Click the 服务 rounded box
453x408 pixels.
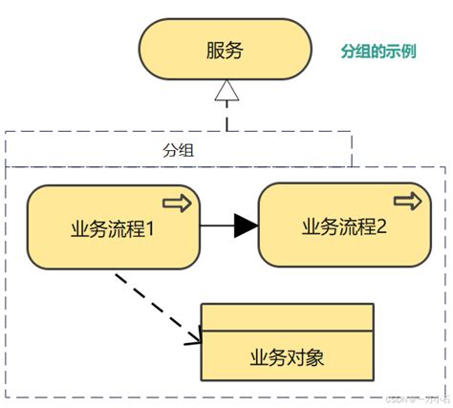(226, 51)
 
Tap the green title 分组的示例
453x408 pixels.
(378, 51)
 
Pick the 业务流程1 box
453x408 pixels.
(113, 227)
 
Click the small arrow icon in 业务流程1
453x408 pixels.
(177, 204)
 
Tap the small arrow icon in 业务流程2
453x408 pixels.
(408, 202)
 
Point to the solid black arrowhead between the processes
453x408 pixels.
(246, 225)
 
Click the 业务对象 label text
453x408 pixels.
(287, 358)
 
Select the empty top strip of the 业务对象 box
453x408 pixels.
(287, 317)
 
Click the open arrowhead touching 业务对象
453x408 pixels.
(193, 337)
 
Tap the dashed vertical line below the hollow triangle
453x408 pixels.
(226, 119)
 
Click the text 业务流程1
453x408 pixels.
(113, 229)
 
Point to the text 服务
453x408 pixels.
(226, 51)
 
